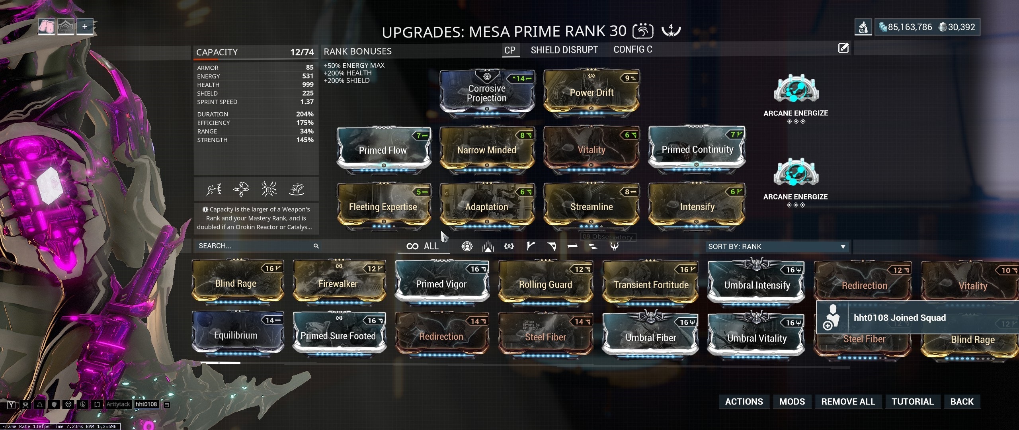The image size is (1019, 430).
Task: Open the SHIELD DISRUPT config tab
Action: click(x=564, y=50)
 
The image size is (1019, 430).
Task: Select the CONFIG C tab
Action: click(x=632, y=49)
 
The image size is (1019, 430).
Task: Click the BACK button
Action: click(x=962, y=401)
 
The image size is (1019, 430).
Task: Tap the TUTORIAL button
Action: click(x=912, y=401)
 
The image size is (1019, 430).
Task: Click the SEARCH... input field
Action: click(x=255, y=246)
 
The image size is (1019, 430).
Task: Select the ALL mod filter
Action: click(x=423, y=246)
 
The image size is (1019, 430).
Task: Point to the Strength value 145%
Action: click(x=305, y=140)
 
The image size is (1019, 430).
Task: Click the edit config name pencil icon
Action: click(x=843, y=48)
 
